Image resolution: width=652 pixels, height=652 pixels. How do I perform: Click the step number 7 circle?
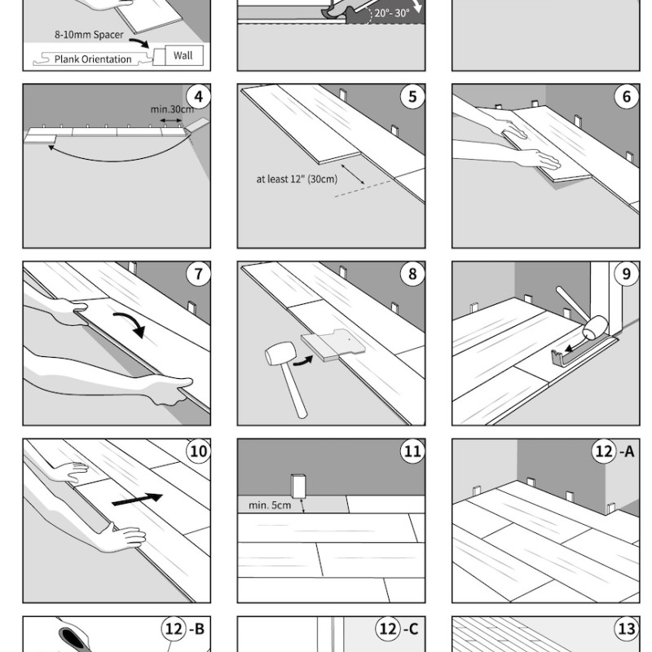point(198,275)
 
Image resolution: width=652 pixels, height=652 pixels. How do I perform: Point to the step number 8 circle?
point(412,275)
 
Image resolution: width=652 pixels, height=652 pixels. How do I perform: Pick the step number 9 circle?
point(626,275)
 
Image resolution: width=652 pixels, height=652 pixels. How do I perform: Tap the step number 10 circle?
point(198,452)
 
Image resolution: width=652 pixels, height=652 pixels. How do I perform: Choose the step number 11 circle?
point(412,452)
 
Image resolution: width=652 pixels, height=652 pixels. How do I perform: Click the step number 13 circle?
point(626,629)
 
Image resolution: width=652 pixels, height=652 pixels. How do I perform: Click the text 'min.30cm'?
point(172,108)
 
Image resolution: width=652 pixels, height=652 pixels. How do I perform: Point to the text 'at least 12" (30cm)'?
point(291,179)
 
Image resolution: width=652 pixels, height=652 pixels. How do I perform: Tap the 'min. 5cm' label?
point(269,505)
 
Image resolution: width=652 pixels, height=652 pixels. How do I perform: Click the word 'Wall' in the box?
point(183,56)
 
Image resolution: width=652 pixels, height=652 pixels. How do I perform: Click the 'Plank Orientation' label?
point(93,59)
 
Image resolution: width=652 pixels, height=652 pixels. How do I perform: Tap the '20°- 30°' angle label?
point(392,13)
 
